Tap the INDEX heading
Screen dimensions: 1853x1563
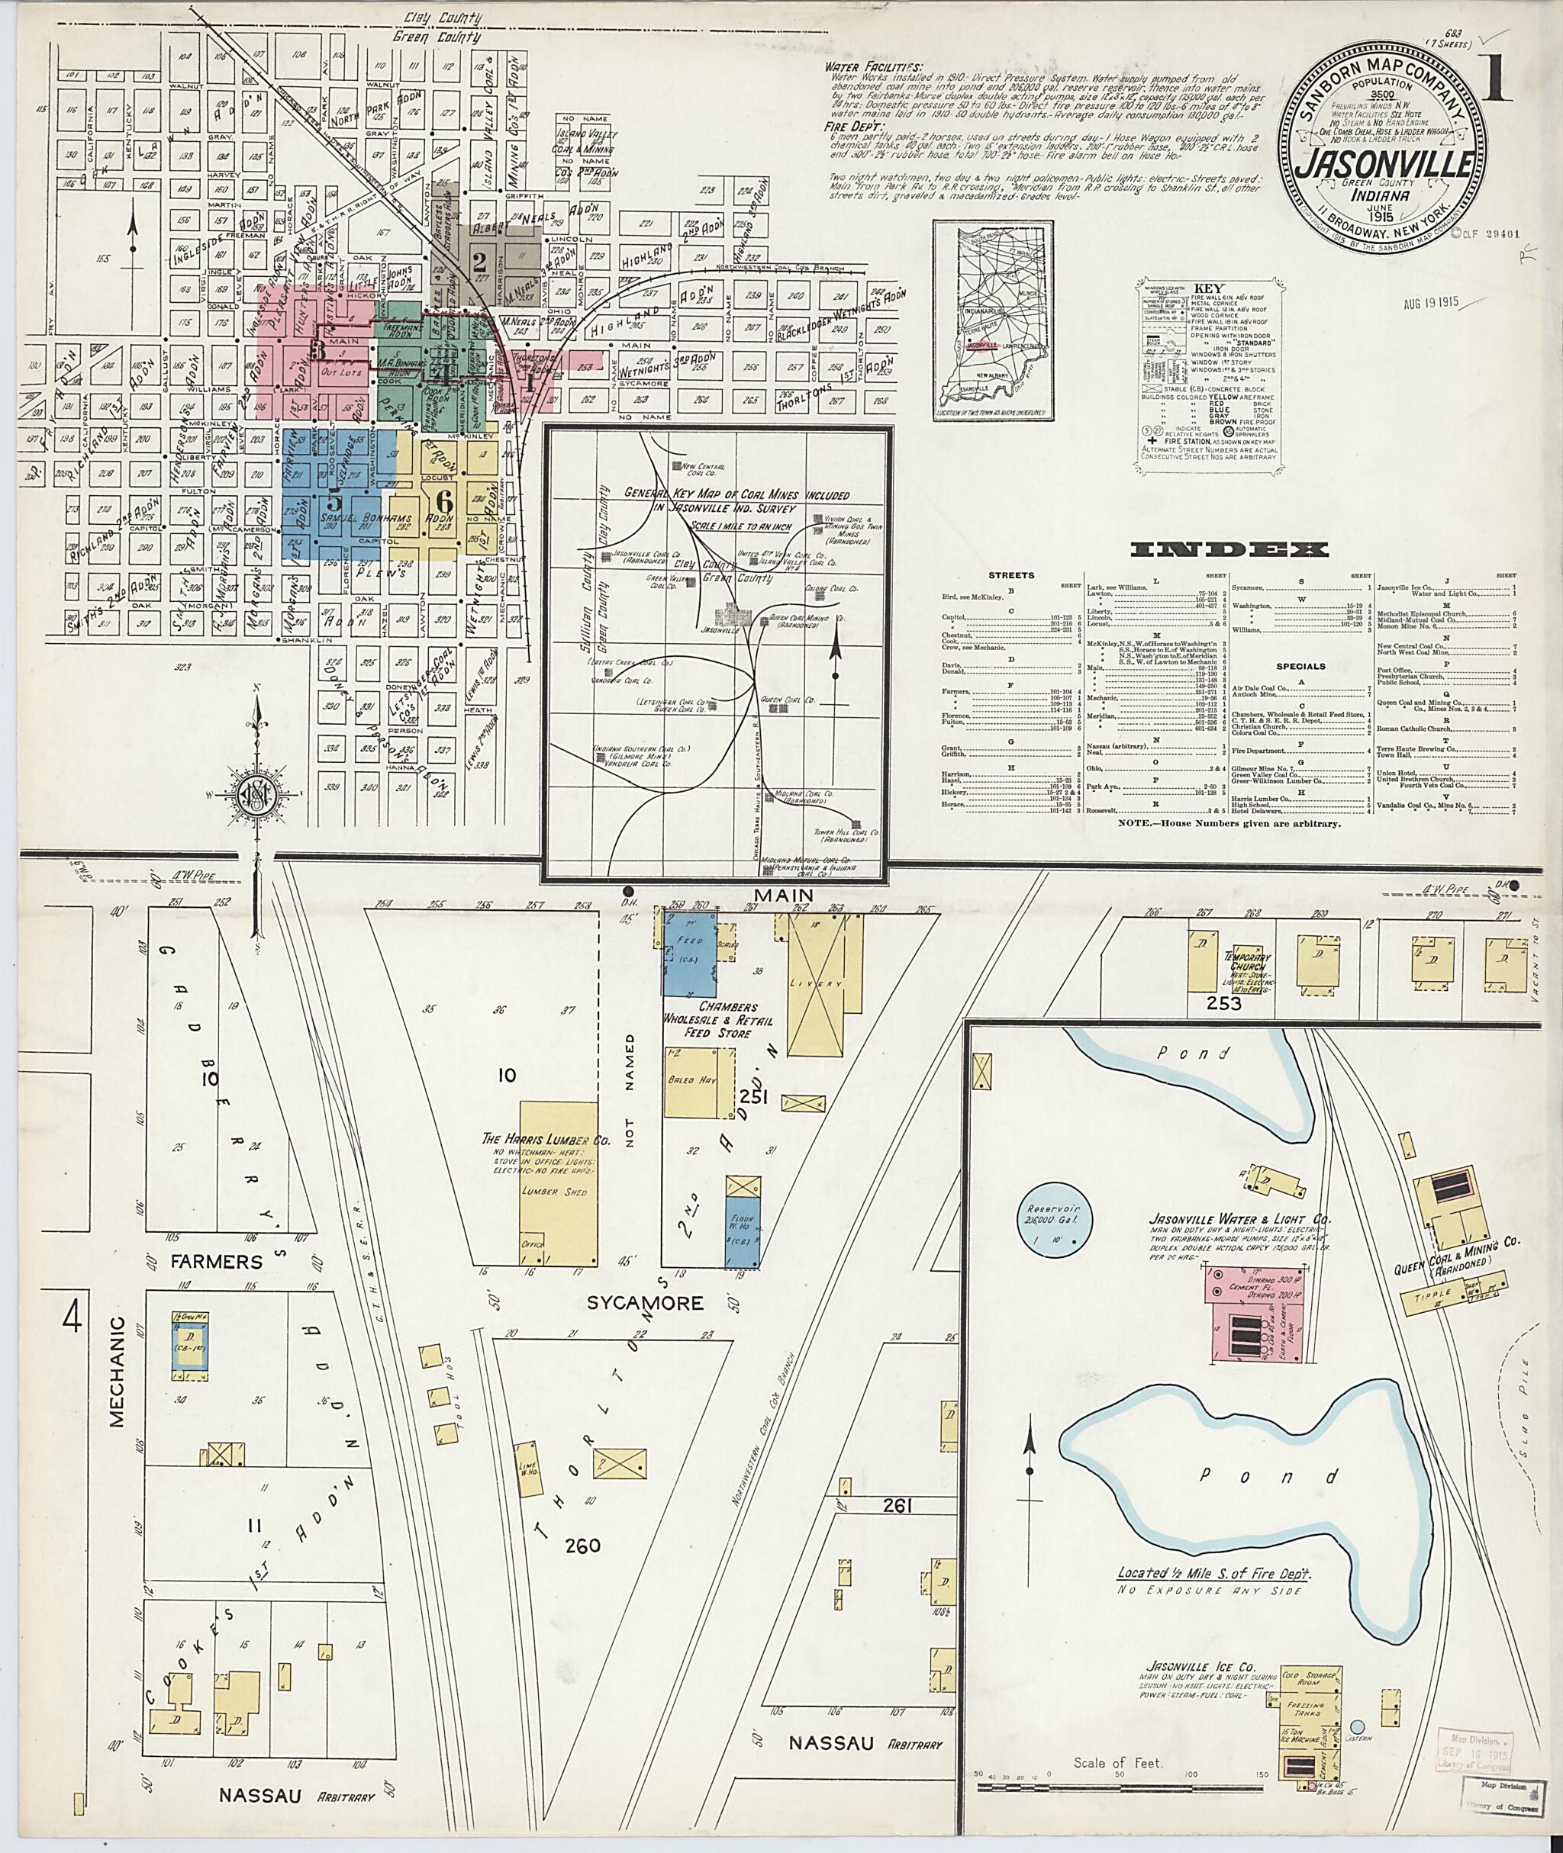tap(1229, 550)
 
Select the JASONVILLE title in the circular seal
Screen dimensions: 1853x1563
tap(1375, 165)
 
